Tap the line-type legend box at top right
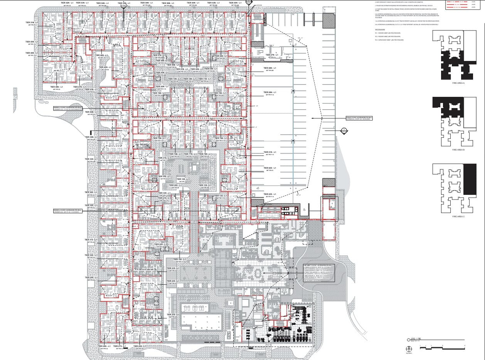tap(461, 4)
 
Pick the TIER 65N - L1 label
tap(233, 3)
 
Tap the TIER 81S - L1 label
tap(270, 152)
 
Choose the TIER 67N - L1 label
tap(272, 55)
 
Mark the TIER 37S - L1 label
tap(165, 158)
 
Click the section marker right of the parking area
tap(344, 130)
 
